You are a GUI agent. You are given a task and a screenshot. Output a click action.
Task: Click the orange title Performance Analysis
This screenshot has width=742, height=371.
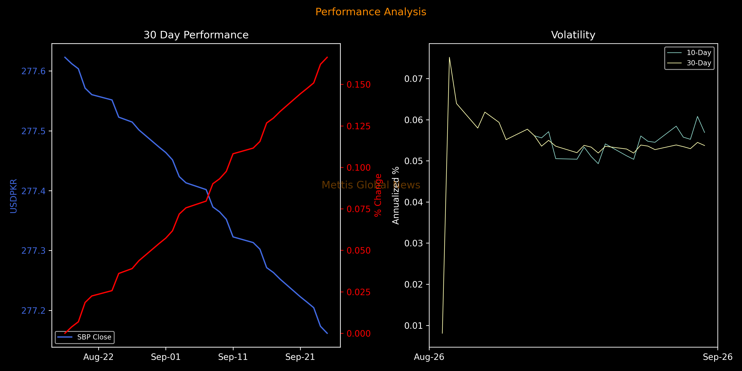(371, 12)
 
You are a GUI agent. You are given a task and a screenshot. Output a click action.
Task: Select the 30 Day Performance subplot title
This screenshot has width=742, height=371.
(196, 35)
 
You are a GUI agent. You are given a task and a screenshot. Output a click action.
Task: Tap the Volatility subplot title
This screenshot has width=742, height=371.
(573, 35)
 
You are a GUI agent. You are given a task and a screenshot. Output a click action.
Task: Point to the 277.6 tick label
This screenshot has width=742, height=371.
(33, 71)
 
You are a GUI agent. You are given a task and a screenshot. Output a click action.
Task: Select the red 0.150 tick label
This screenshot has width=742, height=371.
(359, 85)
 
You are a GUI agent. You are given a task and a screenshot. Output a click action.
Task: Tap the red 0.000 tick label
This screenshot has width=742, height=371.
(359, 333)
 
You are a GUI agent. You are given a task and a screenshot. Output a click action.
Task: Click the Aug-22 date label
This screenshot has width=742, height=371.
(99, 357)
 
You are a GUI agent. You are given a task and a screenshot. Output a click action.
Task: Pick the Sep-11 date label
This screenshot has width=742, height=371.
(233, 357)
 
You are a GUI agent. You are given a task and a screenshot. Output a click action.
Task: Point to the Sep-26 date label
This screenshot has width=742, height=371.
(717, 357)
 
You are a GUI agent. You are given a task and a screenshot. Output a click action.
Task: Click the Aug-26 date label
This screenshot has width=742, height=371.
(429, 357)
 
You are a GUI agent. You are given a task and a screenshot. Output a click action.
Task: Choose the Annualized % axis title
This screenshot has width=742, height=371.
(396, 195)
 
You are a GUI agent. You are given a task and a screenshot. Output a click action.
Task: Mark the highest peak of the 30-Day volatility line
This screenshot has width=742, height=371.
(449, 57)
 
